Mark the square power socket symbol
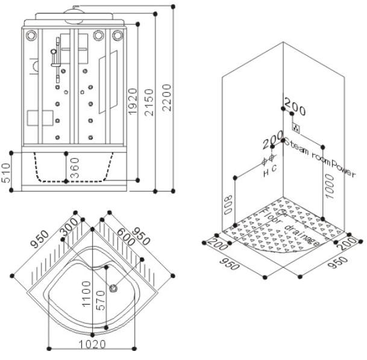pyautogui.click(x=296, y=128)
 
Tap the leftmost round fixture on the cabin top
pyautogui.click(x=30, y=36)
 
